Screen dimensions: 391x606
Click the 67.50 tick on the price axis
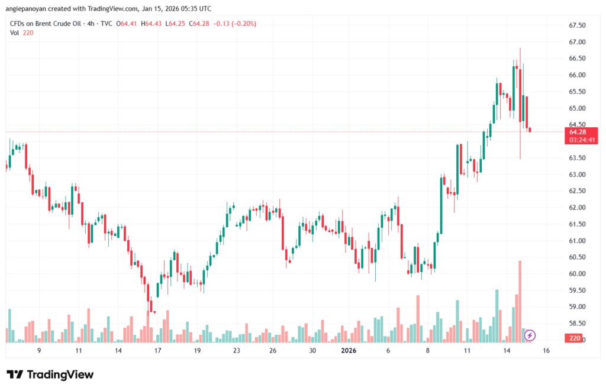pos(577,25)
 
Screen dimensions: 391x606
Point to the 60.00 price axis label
pos(577,274)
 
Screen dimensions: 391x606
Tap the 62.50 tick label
pos(577,191)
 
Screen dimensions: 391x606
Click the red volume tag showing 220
pos(573,338)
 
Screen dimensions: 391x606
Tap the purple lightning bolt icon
pos(530,335)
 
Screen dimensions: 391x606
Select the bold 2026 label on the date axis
pos(349,351)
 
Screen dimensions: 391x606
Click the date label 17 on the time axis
pos(157,351)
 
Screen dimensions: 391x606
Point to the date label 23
pos(236,351)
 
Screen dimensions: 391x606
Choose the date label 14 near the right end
pos(507,351)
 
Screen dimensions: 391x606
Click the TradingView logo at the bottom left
pos(50,374)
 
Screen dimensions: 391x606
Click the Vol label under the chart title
pos(15,33)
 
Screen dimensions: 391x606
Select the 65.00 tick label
pos(577,108)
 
